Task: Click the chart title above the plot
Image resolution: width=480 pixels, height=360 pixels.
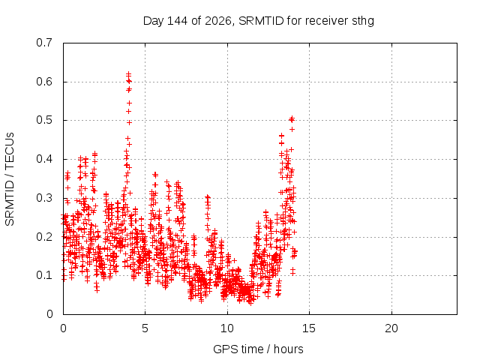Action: click(259, 21)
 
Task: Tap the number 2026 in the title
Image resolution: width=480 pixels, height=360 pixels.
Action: click(218, 21)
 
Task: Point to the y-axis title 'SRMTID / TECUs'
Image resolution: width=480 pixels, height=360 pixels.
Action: click(10, 179)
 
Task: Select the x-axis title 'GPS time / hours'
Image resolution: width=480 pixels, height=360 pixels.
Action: click(258, 349)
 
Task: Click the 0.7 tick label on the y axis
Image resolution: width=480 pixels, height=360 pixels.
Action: click(44, 43)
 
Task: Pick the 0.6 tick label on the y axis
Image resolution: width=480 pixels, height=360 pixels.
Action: click(44, 82)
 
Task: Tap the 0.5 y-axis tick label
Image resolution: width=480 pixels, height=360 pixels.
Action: click(44, 120)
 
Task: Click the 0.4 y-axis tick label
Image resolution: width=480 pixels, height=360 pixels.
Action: click(44, 159)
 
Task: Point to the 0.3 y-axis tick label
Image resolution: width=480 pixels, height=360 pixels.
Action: click(44, 198)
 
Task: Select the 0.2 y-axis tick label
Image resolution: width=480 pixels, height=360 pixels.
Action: click(44, 237)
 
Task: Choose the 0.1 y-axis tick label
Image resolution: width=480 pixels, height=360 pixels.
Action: click(44, 275)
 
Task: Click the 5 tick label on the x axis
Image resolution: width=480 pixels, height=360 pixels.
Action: click(145, 328)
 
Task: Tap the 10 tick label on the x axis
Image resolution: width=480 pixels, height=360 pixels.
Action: click(227, 328)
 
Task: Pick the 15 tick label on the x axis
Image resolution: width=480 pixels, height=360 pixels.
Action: click(309, 328)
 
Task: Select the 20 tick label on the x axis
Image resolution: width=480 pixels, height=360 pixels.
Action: click(391, 328)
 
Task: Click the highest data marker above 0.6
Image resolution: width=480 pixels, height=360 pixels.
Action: click(128, 73)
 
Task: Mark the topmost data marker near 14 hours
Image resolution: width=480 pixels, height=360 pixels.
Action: click(292, 118)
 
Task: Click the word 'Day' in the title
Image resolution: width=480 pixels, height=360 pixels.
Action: click(154, 21)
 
